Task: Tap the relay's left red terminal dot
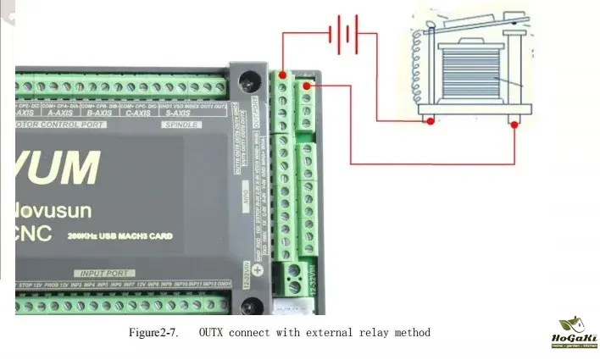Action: [431, 122]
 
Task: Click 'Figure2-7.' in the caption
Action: [153, 333]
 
